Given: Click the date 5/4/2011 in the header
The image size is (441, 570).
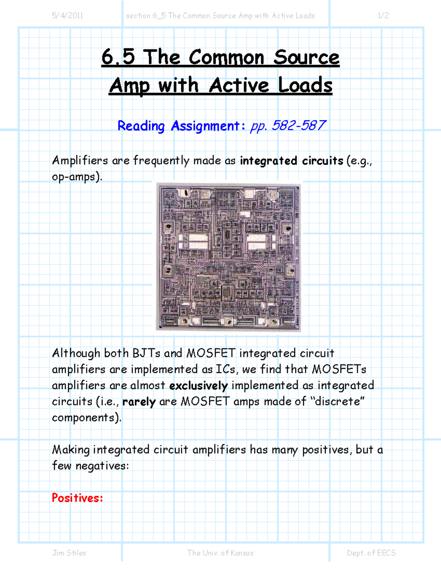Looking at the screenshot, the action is (67, 15).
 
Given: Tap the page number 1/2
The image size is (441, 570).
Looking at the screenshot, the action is (383, 15).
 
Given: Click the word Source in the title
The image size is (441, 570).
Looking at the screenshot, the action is (306, 58).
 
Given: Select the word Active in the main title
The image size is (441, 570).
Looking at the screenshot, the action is (239, 86).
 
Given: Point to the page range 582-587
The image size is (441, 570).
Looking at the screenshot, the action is (298, 126).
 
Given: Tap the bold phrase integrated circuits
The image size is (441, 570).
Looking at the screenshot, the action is (291, 161).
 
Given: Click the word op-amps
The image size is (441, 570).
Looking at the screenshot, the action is (76, 177).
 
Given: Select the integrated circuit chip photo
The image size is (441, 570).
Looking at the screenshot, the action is (228, 257).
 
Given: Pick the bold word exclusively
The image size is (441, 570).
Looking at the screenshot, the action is (198, 386).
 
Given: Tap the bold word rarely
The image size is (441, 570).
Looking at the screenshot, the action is (139, 402).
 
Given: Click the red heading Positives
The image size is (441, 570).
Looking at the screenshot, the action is (77, 498).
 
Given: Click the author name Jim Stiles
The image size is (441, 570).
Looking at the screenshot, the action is (69, 553).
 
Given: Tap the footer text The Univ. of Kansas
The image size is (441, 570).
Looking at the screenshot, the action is (220, 553).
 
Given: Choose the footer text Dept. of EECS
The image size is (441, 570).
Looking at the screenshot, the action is (371, 553).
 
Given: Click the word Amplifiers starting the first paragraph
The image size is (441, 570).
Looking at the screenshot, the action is (80, 160).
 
